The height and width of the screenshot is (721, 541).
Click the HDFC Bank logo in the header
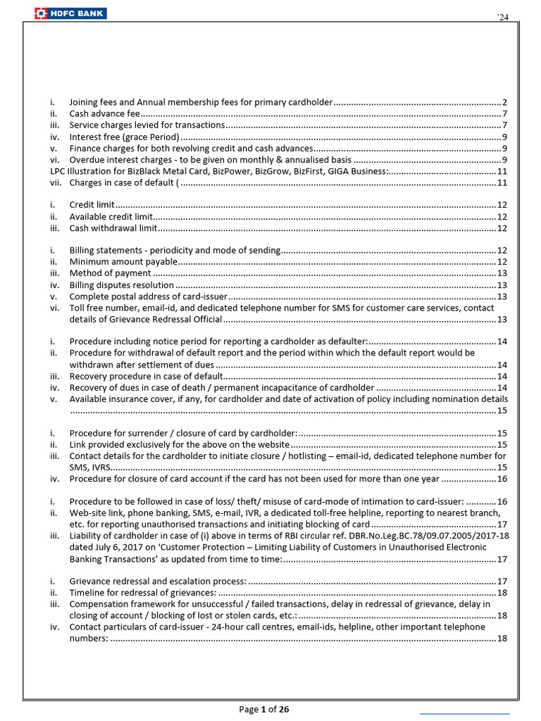pos(70,12)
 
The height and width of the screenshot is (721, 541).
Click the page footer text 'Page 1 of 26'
pos(265,710)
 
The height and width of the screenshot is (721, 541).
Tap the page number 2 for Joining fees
pos(505,102)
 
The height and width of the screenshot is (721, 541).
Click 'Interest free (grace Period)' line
pos(124,137)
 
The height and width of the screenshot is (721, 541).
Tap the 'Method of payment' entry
pos(110,273)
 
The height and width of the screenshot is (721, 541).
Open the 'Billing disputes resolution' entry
pos(121,285)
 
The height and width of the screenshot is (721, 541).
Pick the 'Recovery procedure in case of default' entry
pos(141,376)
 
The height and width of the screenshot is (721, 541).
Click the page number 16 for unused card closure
pos(502,479)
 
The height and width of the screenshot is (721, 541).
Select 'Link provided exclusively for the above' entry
pos(179,445)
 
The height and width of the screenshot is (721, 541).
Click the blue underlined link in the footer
pos(464,714)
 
